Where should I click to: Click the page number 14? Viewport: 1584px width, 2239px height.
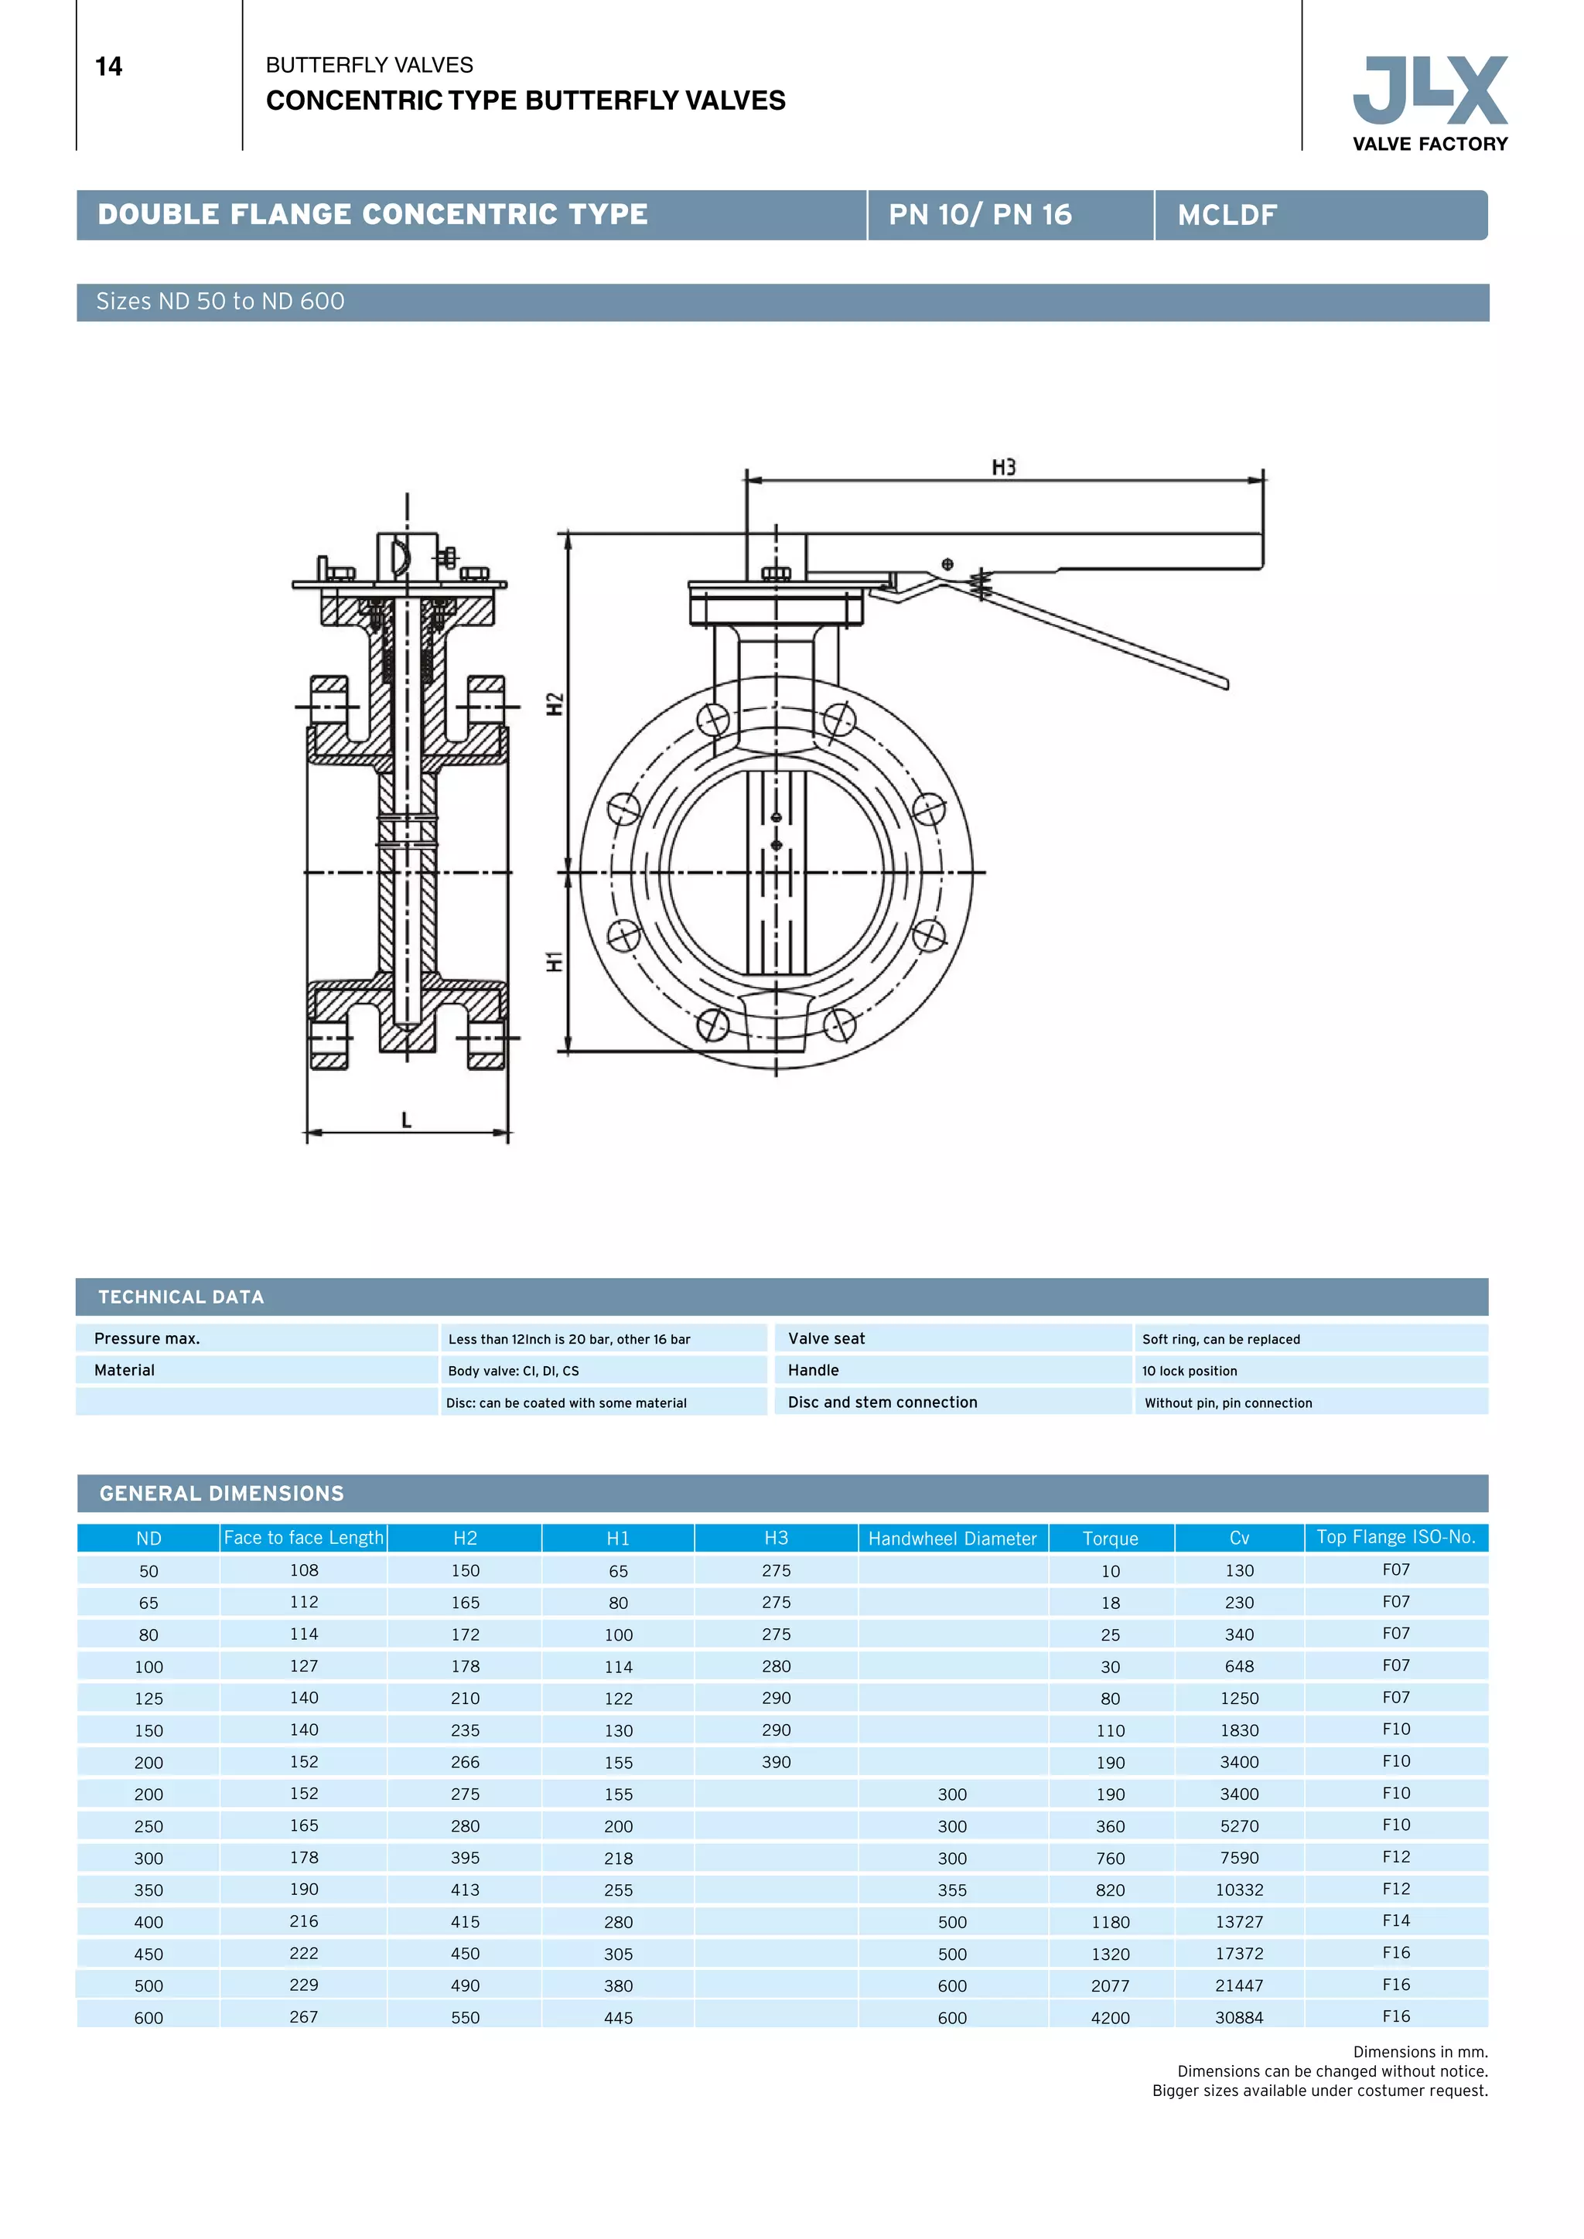(x=108, y=66)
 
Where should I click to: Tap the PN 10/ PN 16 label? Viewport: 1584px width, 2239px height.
(x=979, y=214)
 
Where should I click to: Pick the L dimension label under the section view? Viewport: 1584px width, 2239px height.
(x=406, y=1119)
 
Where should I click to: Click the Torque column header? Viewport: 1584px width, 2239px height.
(x=1110, y=1538)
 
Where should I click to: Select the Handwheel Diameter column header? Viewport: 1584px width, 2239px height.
(x=952, y=1538)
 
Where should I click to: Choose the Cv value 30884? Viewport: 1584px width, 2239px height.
(x=1239, y=2018)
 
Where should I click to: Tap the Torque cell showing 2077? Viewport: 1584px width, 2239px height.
(x=1110, y=1985)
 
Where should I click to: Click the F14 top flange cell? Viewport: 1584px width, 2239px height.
(x=1396, y=1920)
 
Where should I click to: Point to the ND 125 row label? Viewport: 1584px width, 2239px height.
(x=148, y=1699)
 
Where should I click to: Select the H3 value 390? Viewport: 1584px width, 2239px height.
(x=776, y=1761)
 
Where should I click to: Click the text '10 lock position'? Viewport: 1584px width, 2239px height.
(x=1189, y=1370)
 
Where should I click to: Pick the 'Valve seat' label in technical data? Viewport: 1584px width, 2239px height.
(x=826, y=1338)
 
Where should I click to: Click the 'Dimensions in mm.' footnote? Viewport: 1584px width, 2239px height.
(x=1419, y=2052)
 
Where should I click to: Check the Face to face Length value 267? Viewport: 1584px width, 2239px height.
(x=303, y=2016)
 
